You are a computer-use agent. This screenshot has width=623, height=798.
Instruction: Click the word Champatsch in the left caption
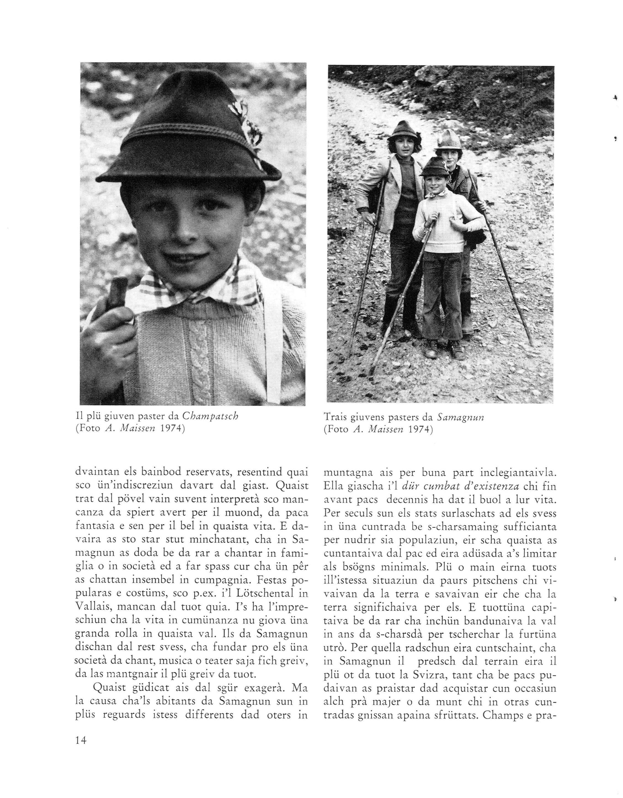(x=210, y=416)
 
